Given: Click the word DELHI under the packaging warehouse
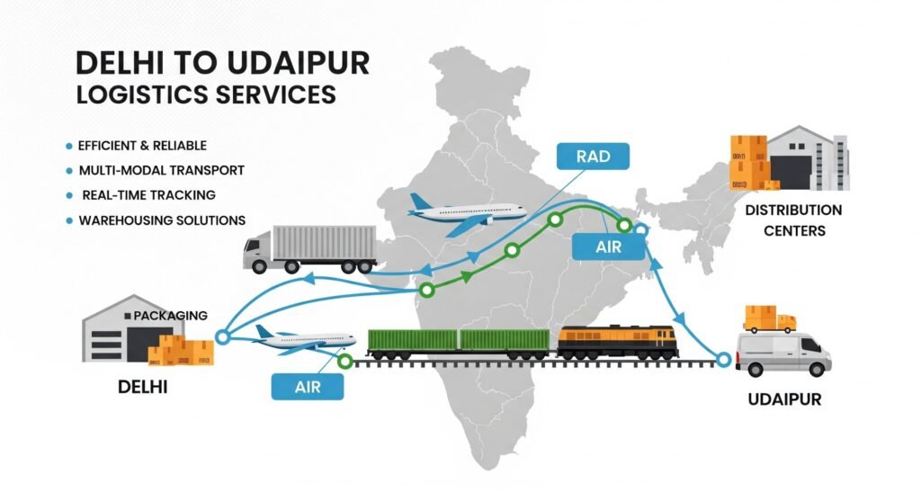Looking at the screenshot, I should click(143, 389).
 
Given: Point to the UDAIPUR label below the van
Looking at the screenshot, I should click(783, 399).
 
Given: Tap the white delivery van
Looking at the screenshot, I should click(782, 353).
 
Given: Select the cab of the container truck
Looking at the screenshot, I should click(256, 251).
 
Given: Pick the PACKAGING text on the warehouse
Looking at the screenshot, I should click(170, 316).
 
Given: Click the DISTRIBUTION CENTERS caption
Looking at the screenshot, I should click(793, 220).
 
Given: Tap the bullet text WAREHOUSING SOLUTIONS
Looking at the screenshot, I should click(162, 220).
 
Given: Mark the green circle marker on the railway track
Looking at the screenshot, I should click(344, 362).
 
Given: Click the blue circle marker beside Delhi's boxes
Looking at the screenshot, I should click(222, 338).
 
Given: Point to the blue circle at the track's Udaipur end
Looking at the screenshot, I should click(725, 361).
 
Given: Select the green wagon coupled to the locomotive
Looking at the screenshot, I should click(505, 340).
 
